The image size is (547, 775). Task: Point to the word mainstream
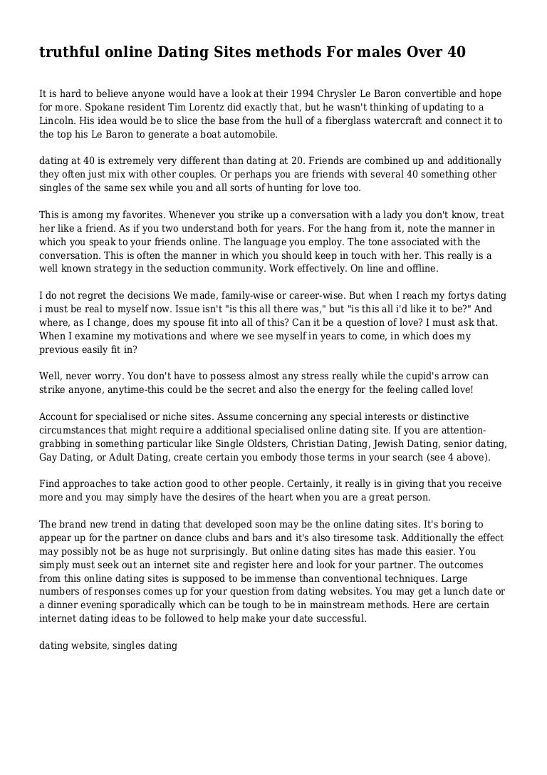tap(352, 605)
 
